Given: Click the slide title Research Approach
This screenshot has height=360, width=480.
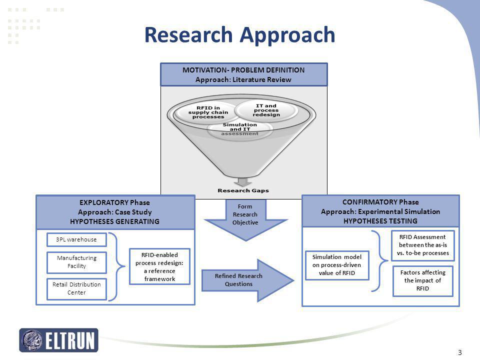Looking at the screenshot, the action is [x=239, y=35].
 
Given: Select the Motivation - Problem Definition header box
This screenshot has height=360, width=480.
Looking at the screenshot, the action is [x=244, y=74].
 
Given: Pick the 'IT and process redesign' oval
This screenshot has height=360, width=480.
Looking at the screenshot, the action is [x=266, y=110].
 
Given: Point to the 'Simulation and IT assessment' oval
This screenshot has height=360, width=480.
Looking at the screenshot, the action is [x=239, y=129].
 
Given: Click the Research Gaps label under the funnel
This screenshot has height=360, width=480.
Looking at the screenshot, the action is [x=243, y=190].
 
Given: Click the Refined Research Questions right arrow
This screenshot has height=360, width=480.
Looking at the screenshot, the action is [x=247, y=280].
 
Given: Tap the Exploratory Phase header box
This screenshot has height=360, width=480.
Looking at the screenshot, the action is [x=115, y=212].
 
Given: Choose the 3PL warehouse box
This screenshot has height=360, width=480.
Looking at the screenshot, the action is [x=76, y=239].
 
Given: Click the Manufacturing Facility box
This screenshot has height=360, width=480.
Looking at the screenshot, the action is [x=76, y=262].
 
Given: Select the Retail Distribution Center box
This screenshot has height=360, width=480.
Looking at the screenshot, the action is [x=76, y=288].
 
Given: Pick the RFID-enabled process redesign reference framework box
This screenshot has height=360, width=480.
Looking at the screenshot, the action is [x=159, y=266].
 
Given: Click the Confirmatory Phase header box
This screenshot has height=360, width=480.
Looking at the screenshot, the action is [x=380, y=211].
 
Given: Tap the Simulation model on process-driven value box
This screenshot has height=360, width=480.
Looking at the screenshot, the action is [x=337, y=265].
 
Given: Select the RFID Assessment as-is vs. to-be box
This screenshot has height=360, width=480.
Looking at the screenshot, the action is [x=423, y=245].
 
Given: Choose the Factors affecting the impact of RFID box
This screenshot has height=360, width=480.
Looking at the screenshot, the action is [x=423, y=280].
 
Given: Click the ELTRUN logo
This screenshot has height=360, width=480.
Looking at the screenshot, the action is [x=59, y=340].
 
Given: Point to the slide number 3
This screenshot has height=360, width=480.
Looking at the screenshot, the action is [x=460, y=352].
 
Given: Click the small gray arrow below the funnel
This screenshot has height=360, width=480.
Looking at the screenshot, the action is [x=243, y=182].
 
